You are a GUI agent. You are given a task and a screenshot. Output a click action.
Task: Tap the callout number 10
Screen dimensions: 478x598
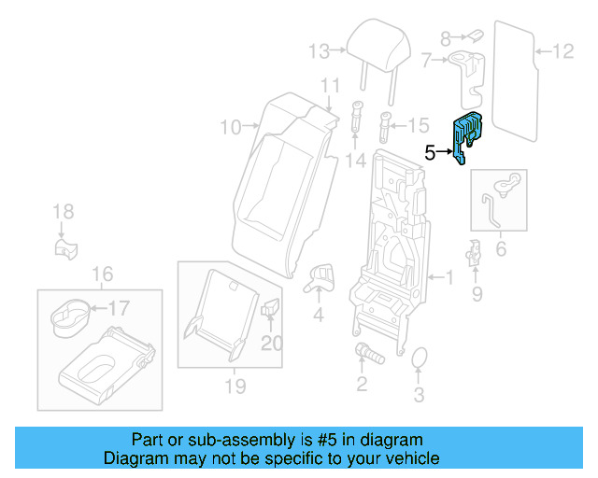pos(230,126)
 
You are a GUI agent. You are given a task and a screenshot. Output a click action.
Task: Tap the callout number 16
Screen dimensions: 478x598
pos(102,274)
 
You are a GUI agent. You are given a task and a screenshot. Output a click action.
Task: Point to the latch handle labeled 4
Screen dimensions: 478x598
pos(320,274)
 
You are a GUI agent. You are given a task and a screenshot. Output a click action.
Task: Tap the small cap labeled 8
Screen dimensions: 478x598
pos(473,35)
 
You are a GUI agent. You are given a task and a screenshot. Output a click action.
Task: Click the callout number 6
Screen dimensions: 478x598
pos(500,249)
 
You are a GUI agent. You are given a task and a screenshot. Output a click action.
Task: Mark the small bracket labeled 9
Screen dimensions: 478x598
pos(475,252)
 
